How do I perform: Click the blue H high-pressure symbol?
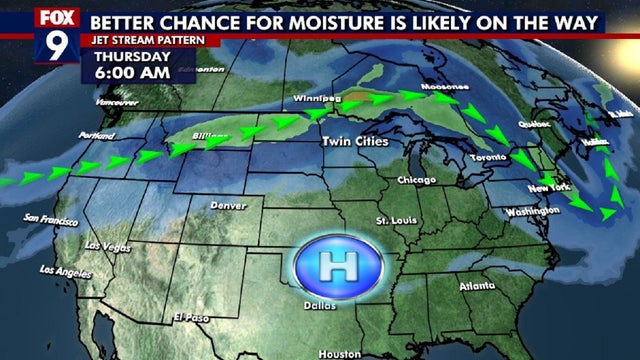329,265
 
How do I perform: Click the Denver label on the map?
228,205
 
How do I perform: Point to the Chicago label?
416,180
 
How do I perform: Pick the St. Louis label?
395,219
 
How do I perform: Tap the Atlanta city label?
477,286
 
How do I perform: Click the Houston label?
339,354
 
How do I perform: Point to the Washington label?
532,212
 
